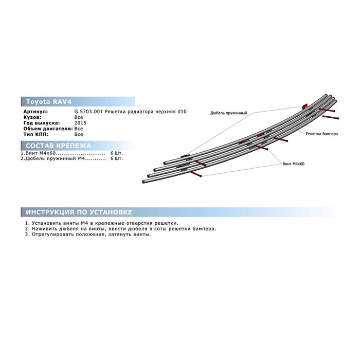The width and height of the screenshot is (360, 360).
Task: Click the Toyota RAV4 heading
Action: tap(49, 102)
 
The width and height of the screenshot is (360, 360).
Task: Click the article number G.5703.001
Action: tap(88, 112)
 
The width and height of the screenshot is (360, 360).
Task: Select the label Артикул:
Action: tap(35, 112)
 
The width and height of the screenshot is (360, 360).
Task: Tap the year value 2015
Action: tap(80, 123)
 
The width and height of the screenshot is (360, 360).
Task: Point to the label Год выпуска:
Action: tap(42, 123)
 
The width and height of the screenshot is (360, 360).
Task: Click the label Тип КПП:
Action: tap(36, 134)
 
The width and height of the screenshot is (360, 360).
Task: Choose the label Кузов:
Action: tap(32, 117)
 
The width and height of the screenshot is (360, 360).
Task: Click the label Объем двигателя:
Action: tap(48, 129)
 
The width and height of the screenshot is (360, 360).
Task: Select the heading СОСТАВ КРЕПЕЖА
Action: tap(58, 146)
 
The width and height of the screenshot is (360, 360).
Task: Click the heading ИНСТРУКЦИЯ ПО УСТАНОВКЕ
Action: tap(79, 212)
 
